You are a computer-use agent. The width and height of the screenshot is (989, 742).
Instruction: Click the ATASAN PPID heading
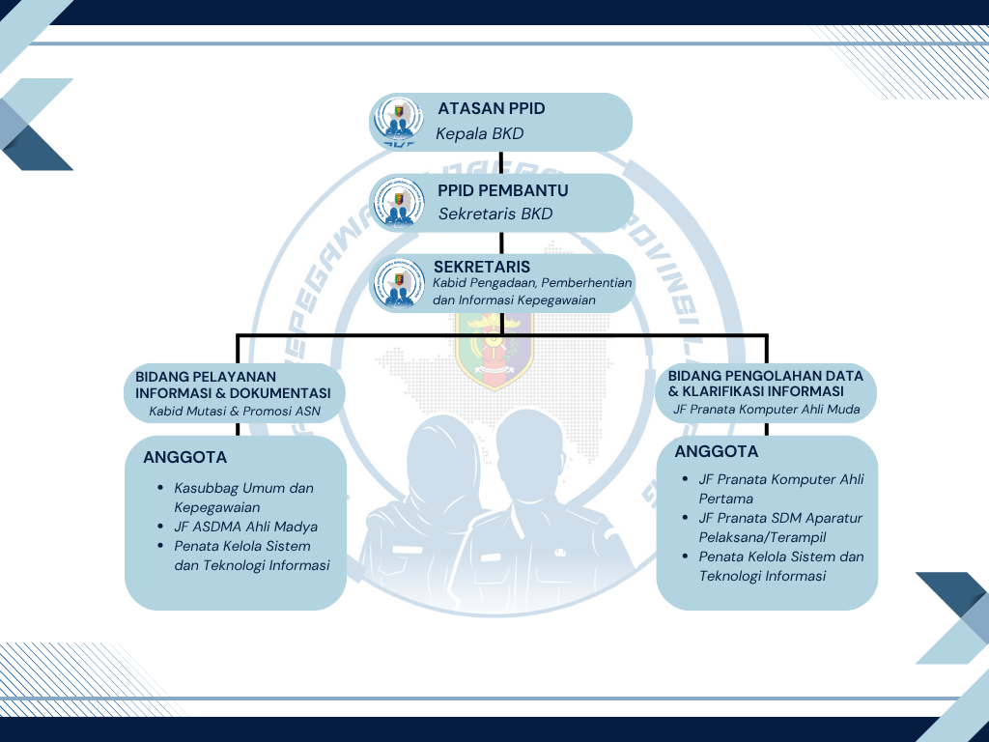point(491,108)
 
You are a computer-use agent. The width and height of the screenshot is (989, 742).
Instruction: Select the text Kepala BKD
point(479,134)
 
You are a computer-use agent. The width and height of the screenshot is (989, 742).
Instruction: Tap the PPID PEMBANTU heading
point(502,190)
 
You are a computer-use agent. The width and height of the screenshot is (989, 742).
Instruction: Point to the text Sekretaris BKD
point(495,214)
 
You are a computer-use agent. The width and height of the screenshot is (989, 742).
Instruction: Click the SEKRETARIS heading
point(482,267)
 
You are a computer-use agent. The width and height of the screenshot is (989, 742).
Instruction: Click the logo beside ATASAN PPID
point(398,122)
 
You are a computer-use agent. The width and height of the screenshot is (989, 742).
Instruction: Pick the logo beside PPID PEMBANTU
point(399,202)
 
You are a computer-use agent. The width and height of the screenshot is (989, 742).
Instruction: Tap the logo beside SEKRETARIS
point(399,282)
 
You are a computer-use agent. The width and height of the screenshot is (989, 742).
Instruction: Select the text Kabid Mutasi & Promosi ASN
point(234,411)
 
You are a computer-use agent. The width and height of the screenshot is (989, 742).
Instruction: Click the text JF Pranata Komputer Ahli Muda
point(766,410)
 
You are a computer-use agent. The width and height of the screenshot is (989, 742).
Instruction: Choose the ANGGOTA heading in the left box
point(184,457)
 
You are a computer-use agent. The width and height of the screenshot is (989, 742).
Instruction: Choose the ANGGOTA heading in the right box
point(716,451)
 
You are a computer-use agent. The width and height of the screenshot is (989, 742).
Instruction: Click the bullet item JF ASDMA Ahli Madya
point(245,527)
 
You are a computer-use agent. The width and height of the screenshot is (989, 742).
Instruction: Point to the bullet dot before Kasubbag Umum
point(159,488)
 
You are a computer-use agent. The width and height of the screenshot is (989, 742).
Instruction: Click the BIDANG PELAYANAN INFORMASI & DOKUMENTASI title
point(233,385)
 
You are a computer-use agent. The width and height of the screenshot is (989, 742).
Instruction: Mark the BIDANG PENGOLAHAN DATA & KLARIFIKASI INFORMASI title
point(765,384)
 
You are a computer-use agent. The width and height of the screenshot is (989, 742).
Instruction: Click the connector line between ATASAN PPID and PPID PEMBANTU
point(501,163)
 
